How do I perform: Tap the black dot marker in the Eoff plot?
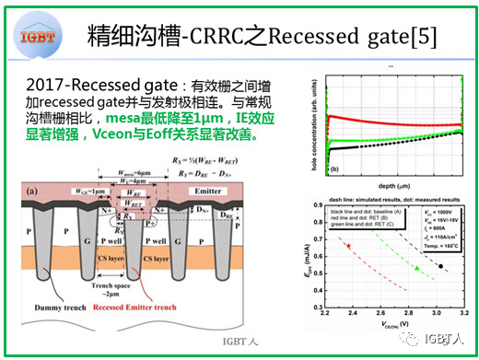[x=441, y=266]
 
